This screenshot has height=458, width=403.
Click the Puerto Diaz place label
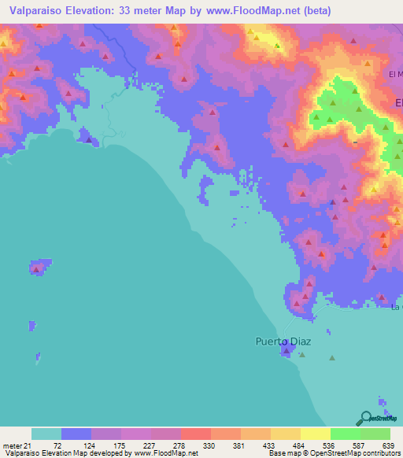click(283, 342)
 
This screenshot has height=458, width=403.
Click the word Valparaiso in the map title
click(33, 11)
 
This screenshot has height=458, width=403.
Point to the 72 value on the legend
click(57, 446)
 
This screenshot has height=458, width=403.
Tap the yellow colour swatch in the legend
click(315, 434)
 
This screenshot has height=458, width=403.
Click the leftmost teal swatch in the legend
click(46, 434)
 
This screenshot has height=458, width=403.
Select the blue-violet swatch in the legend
click(76, 434)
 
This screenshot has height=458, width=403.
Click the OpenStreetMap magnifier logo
click(365, 418)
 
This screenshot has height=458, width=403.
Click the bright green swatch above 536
click(346, 434)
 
